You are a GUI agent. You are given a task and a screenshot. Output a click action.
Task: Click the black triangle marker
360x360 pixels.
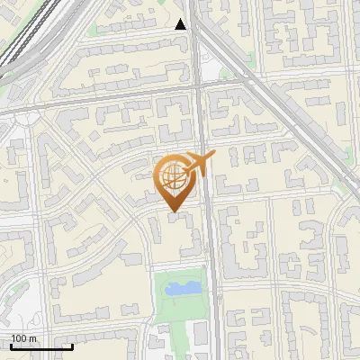182,24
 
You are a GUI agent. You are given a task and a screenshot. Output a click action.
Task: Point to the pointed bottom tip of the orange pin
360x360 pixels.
173,212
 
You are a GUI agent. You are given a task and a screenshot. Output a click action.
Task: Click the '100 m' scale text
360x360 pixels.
24,338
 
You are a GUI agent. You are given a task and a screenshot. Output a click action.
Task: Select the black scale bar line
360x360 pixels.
40,346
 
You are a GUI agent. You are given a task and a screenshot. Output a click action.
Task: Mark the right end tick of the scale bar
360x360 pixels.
72,345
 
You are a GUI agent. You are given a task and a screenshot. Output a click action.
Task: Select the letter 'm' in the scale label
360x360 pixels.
34,338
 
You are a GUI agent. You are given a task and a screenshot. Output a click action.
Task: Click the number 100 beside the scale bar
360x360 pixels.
19,338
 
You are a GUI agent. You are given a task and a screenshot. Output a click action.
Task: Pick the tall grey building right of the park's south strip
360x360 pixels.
200,337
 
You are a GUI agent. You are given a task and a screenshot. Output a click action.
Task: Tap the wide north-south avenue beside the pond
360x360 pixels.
212,288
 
